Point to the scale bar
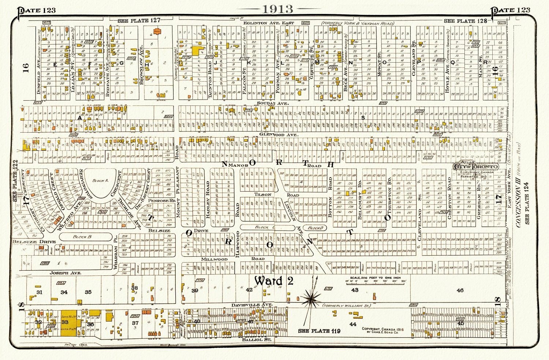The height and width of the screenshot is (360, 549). point(372,282)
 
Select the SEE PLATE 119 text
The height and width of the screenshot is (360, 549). point(319,331)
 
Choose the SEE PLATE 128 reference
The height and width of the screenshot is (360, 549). point(465,21)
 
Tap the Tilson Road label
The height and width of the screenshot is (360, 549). point(263,194)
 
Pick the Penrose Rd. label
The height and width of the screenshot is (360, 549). point(161,201)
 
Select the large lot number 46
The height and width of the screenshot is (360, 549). point(460,290)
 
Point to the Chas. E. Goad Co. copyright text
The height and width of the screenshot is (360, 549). point(382,331)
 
